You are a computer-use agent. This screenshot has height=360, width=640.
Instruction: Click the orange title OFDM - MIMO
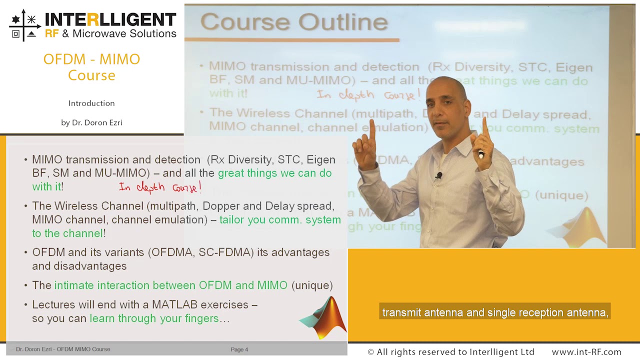[x=91, y=59]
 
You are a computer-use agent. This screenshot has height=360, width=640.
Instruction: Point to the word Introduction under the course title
[x=91, y=103]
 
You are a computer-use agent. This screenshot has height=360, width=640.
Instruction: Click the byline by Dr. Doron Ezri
[x=91, y=122]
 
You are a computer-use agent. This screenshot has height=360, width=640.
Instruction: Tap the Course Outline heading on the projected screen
[x=294, y=22]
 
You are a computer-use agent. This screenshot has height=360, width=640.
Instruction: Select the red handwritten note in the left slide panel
[x=160, y=187]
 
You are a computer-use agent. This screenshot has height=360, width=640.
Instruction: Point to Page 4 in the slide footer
[x=239, y=349]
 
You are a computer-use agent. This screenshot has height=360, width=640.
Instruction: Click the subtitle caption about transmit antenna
[x=494, y=312]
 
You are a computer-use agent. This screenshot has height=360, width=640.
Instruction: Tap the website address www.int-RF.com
[x=586, y=352]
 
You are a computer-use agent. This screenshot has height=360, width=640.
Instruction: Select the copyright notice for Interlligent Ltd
[x=450, y=352]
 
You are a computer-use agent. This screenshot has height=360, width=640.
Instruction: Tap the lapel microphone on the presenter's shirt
[x=438, y=176]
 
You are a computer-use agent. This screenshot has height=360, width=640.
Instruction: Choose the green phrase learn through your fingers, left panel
[x=154, y=318]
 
